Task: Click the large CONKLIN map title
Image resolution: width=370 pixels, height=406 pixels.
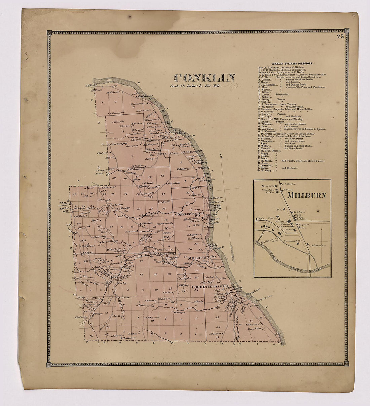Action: click(x=205, y=78)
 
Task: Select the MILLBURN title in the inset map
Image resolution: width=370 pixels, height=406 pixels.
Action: click(x=305, y=195)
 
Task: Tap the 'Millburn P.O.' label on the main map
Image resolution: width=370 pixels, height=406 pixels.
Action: click(x=202, y=258)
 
